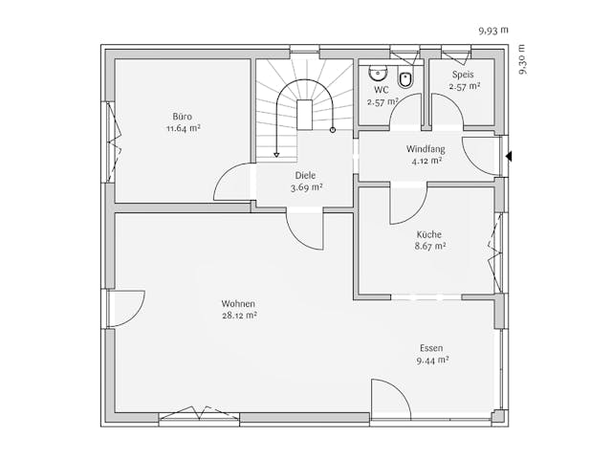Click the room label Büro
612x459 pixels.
point(182,117)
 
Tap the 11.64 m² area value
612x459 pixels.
point(182,128)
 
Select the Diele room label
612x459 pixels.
point(305,176)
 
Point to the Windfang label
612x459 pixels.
point(425,149)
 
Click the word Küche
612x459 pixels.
point(429,234)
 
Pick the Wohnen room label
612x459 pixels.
point(239,303)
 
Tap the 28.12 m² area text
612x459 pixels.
point(239,315)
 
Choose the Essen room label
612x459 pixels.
point(432,348)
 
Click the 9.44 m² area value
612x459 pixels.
point(432,361)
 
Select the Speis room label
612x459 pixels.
point(464,75)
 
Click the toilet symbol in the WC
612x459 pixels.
point(405,80)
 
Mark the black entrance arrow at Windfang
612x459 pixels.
point(510,155)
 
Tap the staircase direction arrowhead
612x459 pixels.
point(277,153)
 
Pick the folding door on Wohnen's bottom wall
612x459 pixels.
point(199,413)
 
